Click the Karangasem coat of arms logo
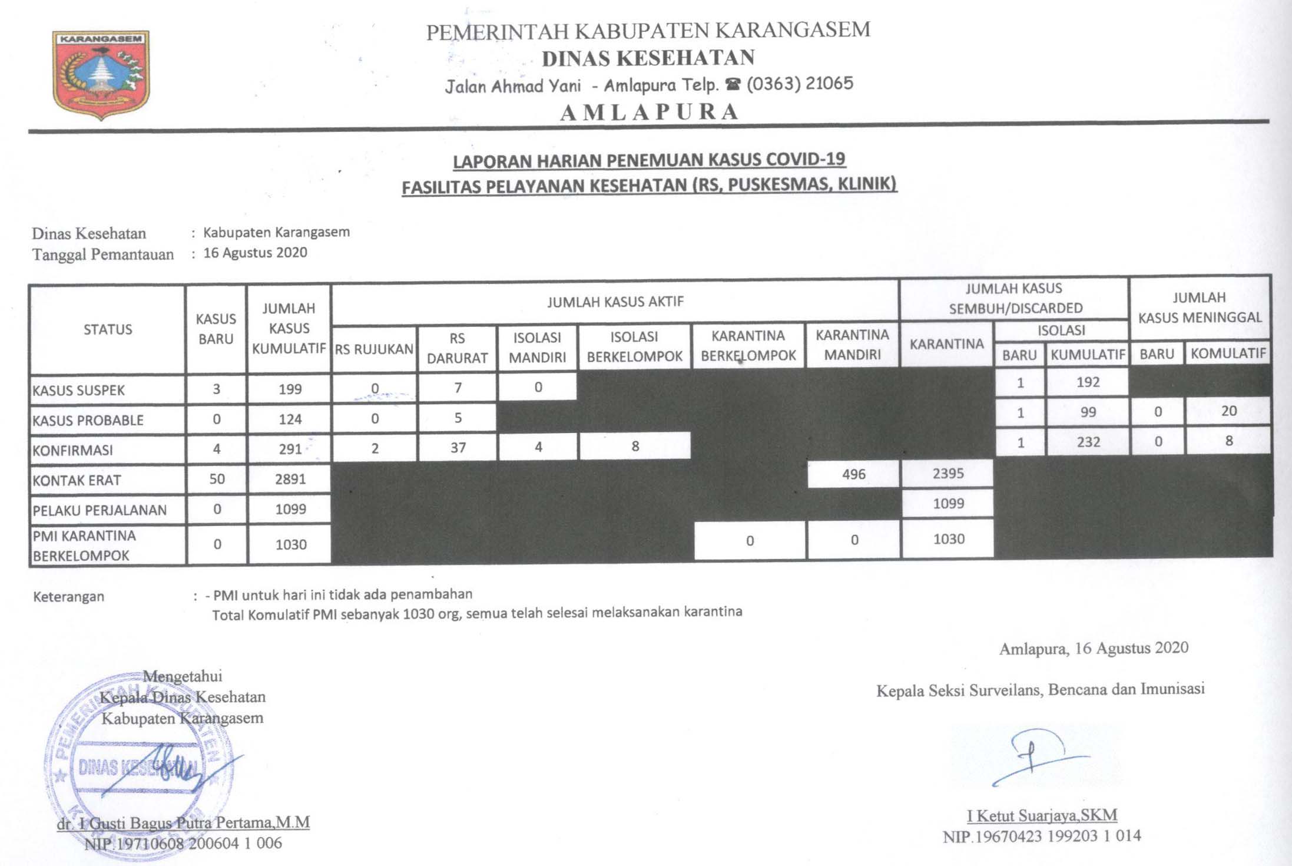tap(101, 74)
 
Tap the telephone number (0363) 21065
tap(799, 84)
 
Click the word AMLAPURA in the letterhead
tap(650, 112)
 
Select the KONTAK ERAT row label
tap(77, 480)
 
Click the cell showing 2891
tap(290, 479)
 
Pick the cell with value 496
tap(853, 474)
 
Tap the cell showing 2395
tap(948, 474)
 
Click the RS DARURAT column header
tap(457, 348)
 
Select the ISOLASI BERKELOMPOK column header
tap(634, 346)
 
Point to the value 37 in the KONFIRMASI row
tap(458, 448)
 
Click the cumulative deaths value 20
tap(1228, 411)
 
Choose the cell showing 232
tap(1088, 442)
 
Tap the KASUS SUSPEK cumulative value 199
tap(290, 389)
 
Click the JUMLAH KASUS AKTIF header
tap(615, 302)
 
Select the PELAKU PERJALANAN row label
tap(100, 510)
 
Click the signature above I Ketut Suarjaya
tap(1036, 757)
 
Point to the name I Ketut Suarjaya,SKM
tap(1042, 816)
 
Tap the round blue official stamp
tap(138, 766)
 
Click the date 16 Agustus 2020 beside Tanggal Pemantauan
tap(255, 253)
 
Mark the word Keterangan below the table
tap(69, 597)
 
